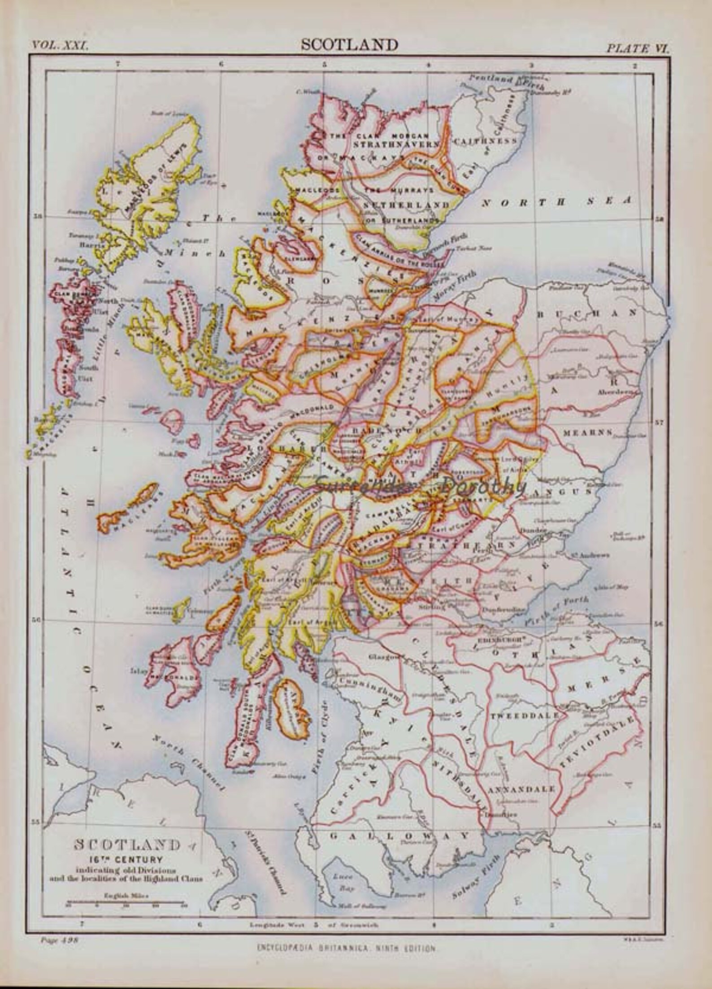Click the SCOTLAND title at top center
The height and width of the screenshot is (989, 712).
click(x=349, y=44)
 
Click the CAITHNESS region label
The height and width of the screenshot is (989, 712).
click(x=485, y=141)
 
